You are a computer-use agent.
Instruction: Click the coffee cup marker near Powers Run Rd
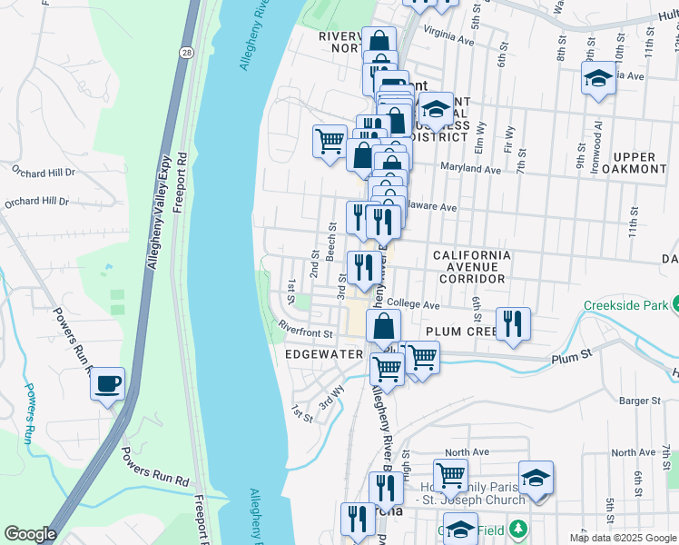pyautogui.click(x=108, y=384)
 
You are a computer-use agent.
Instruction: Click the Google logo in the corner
pyautogui.click(x=30, y=534)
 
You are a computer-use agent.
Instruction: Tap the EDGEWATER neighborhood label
pyautogui.click(x=324, y=354)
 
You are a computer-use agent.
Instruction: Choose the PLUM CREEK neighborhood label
pyautogui.click(x=459, y=332)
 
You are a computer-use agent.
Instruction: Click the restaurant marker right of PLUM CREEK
pyautogui.click(x=513, y=323)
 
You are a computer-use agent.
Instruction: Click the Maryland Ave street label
pyautogui.click(x=470, y=169)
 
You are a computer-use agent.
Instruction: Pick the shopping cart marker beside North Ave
pyautogui.click(x=450, y=474)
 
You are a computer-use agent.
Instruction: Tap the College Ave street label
pyautogui.click(x=412, y=303)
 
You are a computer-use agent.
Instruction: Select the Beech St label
pyautogui.click(x=332, y=241)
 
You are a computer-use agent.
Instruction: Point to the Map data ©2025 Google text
pyautogui.click(x=623, y=538)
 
